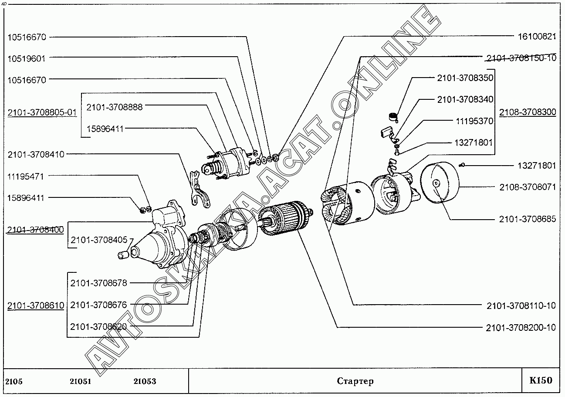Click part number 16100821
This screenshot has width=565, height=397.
(537, 37)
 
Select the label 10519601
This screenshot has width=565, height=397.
(27, 59)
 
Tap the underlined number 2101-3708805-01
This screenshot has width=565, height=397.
(42, 112)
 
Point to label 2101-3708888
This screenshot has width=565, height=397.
(115, 107)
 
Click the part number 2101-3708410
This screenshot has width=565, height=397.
(36, 154)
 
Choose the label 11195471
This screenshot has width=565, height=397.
(25, 176)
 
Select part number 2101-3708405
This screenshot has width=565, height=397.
(99, 240)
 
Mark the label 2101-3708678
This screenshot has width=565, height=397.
(98, 283)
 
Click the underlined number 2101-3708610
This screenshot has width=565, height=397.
(36, 305)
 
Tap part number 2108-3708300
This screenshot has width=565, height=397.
(528, 112)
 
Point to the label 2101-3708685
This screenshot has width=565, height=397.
(528, 219)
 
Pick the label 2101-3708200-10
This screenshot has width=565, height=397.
(521, 328)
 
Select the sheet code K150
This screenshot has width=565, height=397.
(541, 380)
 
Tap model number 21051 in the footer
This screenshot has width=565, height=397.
(81, 381)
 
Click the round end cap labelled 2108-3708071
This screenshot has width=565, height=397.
(440, 183)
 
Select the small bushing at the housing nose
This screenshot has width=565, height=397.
(123, 255)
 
